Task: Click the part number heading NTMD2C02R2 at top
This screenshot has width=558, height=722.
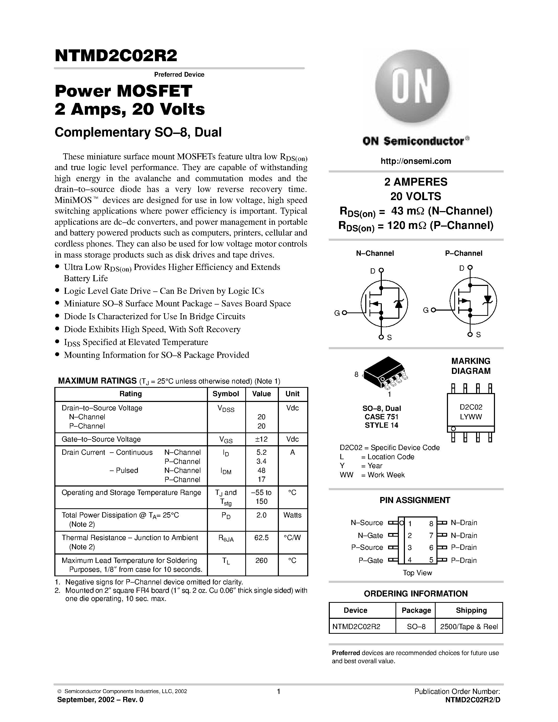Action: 116,56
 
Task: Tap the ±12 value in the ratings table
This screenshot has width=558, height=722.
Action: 261,439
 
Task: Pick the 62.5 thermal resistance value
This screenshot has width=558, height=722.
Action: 261,537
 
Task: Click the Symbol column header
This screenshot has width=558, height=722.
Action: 226,394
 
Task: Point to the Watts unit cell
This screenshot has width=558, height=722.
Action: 292,515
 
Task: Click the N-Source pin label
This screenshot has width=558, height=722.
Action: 367,523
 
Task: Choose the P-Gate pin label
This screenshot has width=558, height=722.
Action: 371,560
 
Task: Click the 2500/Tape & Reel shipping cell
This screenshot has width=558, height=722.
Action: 469,627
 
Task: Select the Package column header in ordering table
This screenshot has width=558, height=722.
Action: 416,610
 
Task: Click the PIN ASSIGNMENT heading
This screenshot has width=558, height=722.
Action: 415,500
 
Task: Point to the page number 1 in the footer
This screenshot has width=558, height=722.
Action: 279,691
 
